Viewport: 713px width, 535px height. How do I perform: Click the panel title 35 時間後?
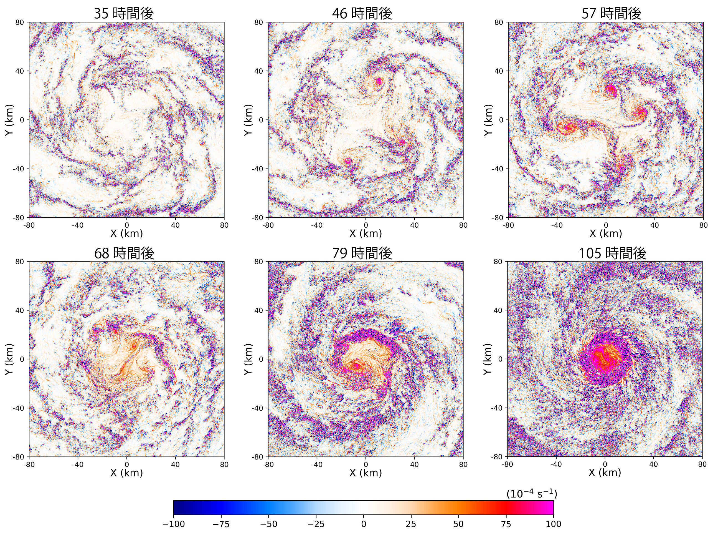click(x=124, y=14)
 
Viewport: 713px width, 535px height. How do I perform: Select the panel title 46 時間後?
click(x=362, y=14)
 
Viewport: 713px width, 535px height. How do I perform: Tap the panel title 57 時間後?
click(x=611, y=14)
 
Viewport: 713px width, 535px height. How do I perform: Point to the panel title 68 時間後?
click(x=124, y=253)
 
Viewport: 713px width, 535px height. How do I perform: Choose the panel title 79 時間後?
click(x=362, y=253)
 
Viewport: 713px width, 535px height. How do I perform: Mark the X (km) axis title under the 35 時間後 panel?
click(x=126, y=233)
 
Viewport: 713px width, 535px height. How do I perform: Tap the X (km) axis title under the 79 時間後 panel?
click(x=366, y=473)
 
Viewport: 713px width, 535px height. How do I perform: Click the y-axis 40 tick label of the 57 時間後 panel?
click(x=499, y=71)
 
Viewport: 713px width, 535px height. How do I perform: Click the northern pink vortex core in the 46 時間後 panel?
click(x=379, y=81)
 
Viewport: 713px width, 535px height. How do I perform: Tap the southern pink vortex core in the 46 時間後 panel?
click(x=347, y=161)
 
